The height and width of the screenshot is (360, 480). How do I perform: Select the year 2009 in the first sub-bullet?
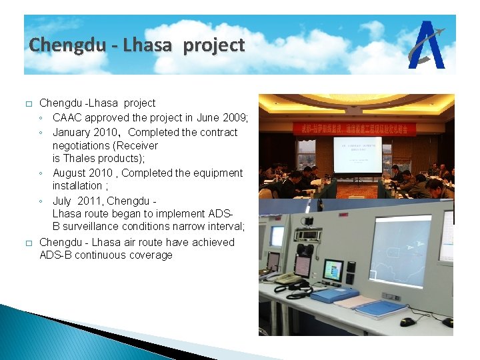pyautogui.click(x=235, y=118)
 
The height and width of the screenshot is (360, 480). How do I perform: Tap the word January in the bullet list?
pyautogui.click(x=73, y=132)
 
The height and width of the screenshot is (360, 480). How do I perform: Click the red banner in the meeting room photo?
pyautogui.click(x=353, y=127)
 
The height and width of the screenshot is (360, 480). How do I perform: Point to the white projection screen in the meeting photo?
pyautogui.click(x=357, y=155)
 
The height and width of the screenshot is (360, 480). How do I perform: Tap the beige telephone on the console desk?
pyautogui.click(x=288, y=279)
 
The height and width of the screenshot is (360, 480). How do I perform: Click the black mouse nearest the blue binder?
pyautogui.click(x=407, y=321)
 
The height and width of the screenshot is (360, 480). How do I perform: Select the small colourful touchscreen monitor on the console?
pyautogui.click(x=332, y=271)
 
